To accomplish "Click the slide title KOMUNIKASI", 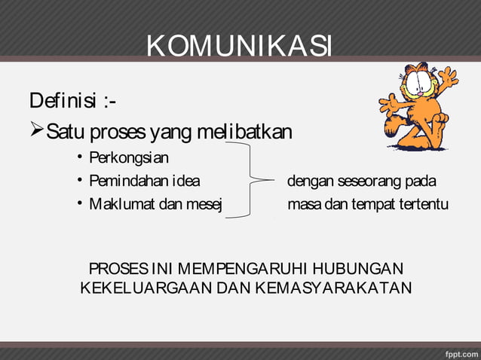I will click(x=239, y=47).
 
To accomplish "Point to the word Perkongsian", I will click(x=129, y=158).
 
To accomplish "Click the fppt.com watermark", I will click(x=457, y=352).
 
